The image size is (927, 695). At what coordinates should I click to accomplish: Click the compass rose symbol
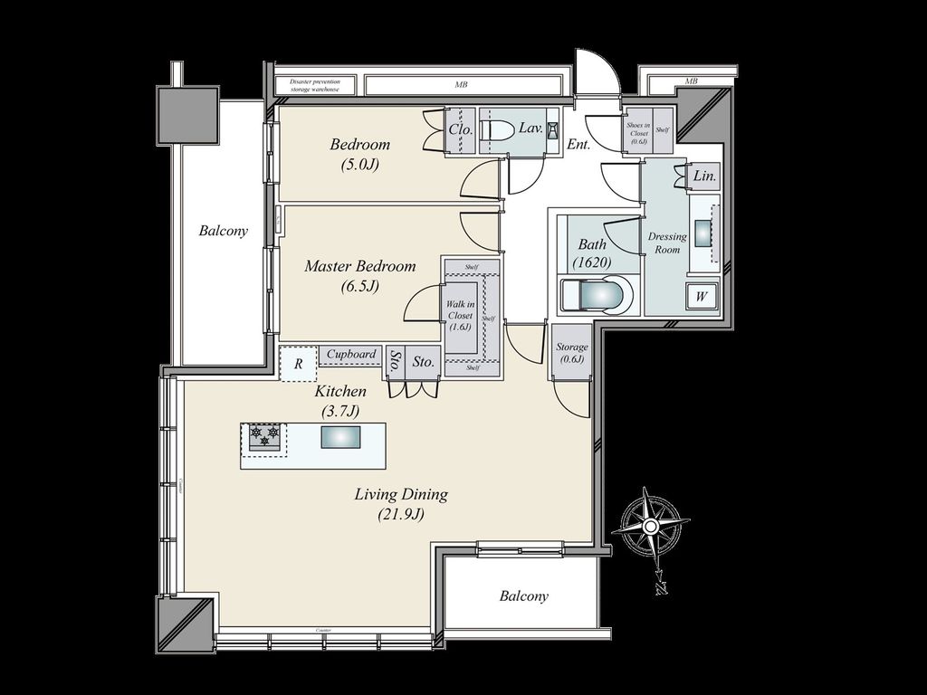coord(650,526)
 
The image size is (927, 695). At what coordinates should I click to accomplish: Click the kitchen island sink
coord(339,437)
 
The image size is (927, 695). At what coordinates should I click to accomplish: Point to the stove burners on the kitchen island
coord(264,437)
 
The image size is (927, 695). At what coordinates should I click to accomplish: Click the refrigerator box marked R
coord(298,363)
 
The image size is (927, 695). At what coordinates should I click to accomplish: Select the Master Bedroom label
coord(360,267)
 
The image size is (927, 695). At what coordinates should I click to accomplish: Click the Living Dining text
coord(401,495)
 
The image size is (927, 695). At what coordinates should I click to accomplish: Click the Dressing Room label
coord(668,243)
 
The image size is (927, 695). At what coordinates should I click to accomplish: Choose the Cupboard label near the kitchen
coord(351,355)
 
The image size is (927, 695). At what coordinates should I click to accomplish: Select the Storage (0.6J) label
coord(572,353)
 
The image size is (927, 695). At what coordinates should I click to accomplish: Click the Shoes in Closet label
coord(639,132)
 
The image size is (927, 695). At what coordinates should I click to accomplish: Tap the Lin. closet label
coord(705,177)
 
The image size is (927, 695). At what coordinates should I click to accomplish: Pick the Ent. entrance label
coord(578,144)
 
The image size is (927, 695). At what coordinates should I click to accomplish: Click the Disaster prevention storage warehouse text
coord(314,85)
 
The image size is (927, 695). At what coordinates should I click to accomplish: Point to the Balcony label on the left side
coord(224,231)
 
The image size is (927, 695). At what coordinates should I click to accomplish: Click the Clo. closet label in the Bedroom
coord(461,129)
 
